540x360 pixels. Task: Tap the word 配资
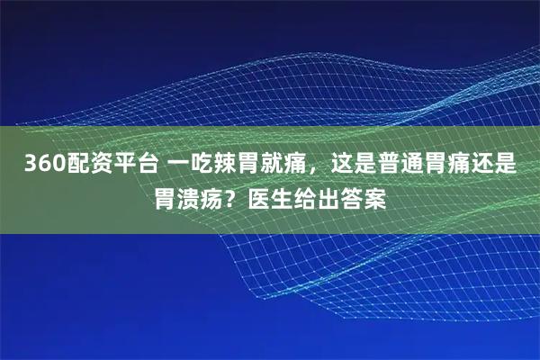coord(83,165)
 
